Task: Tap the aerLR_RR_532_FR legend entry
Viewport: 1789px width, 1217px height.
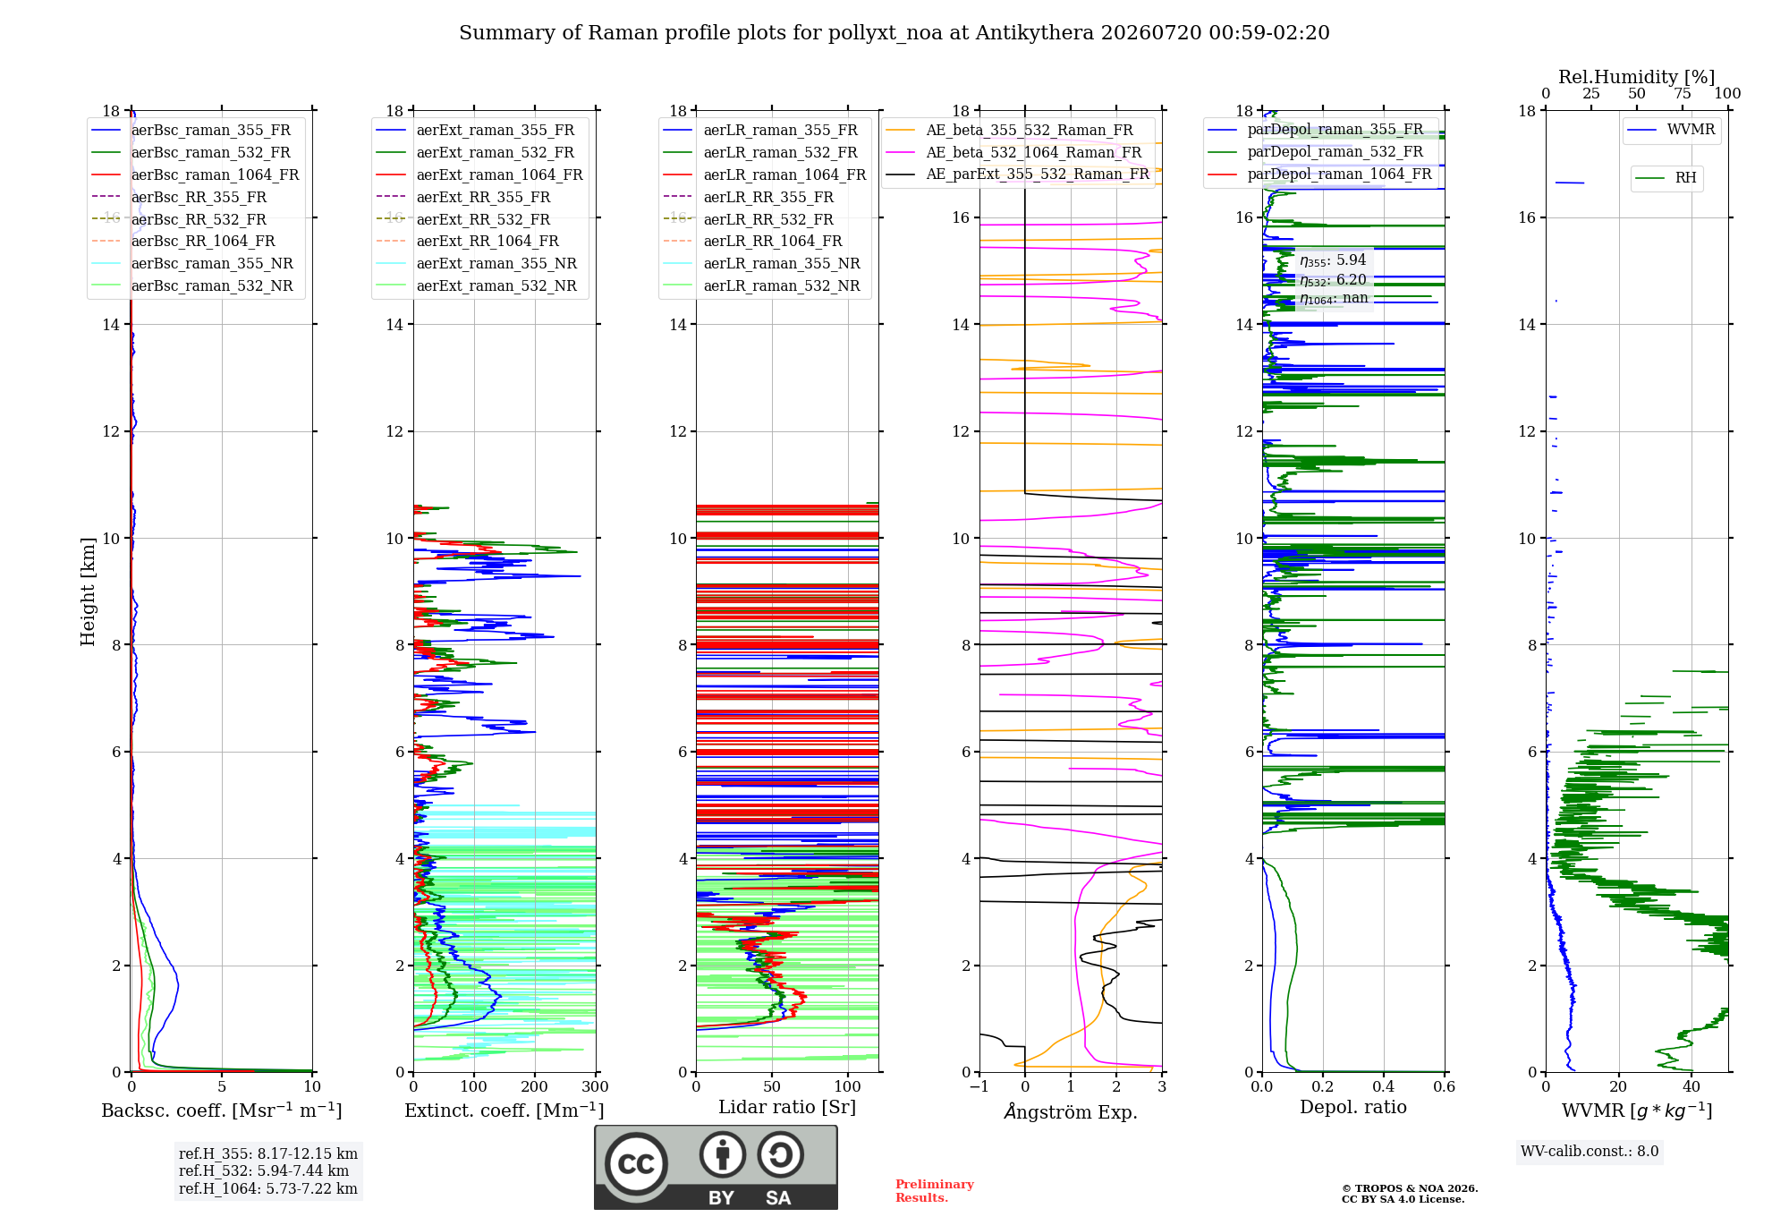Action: (748, 219)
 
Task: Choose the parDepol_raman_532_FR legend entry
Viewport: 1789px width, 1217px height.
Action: (1315, 151)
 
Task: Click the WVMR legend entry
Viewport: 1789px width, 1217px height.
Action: (1671, 130)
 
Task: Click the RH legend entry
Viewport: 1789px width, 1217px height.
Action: (1666, 178)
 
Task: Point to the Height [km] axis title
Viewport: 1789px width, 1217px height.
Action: (88, 591)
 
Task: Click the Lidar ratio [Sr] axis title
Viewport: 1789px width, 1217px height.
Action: (787, 1107)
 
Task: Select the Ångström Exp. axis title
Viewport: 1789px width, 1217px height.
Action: (1071, 1111)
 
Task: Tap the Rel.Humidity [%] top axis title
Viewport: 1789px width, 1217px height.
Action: (1637, 77)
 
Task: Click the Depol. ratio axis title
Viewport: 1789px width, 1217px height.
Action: (1353, 1107)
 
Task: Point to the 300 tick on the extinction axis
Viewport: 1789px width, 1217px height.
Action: (596, 1086)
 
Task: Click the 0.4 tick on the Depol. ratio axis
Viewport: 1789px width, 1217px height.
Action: (1384, 1086)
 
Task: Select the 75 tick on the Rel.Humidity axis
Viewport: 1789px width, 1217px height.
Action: (1683, 93)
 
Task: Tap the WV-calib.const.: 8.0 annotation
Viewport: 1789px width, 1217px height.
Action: (1590, 1152)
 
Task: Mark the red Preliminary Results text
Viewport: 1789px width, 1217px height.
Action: (935, 1191)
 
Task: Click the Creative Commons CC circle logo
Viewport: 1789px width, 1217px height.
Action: (636, 1164)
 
